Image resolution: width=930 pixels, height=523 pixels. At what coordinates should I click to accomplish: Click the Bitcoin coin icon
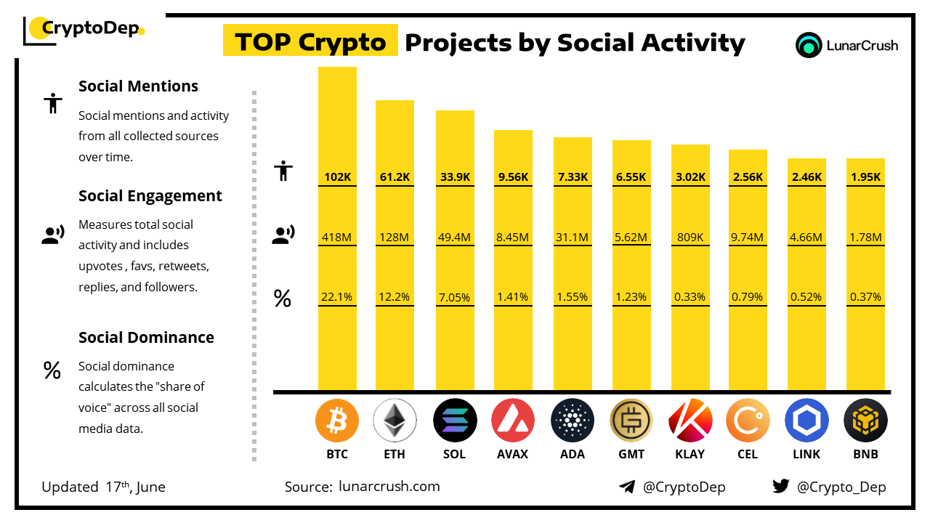(337, 421)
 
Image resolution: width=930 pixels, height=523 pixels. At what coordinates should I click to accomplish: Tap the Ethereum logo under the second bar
(395, 421)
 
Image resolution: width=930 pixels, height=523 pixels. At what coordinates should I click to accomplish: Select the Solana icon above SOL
(454, 421)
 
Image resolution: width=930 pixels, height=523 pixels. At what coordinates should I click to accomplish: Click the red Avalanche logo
(513, 421)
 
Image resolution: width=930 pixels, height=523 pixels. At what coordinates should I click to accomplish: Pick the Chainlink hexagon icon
(806, 421)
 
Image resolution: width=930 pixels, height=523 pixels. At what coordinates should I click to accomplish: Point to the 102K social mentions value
(337, 177)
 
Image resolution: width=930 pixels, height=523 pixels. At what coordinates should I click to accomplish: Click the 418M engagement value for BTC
(337, 237)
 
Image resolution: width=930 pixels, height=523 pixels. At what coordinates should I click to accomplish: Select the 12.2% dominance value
(395, 297)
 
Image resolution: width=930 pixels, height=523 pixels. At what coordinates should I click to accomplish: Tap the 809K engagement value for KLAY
(690, 237)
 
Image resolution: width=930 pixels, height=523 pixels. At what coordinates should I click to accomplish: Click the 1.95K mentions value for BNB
(865, 177)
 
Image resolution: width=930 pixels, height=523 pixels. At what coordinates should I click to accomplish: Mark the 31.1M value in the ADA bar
(573, 237)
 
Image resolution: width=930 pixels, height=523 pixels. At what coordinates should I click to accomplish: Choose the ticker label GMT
(631, 455)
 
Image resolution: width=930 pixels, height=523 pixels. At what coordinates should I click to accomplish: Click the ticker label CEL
(748, 455)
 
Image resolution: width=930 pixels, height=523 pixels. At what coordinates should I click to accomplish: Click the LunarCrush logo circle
(808, 45)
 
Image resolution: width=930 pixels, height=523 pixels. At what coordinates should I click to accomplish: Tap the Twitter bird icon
(780, 487)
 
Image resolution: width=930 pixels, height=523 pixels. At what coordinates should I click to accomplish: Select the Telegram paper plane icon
(627, 487)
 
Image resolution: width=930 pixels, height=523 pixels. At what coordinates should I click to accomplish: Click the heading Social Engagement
(150, 196)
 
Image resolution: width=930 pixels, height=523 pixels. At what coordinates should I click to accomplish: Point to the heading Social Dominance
(146, 338)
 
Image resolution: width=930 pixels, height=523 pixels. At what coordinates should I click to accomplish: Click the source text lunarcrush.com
(389, 487)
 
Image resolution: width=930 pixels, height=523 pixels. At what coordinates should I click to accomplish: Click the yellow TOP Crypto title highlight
(310, 42)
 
